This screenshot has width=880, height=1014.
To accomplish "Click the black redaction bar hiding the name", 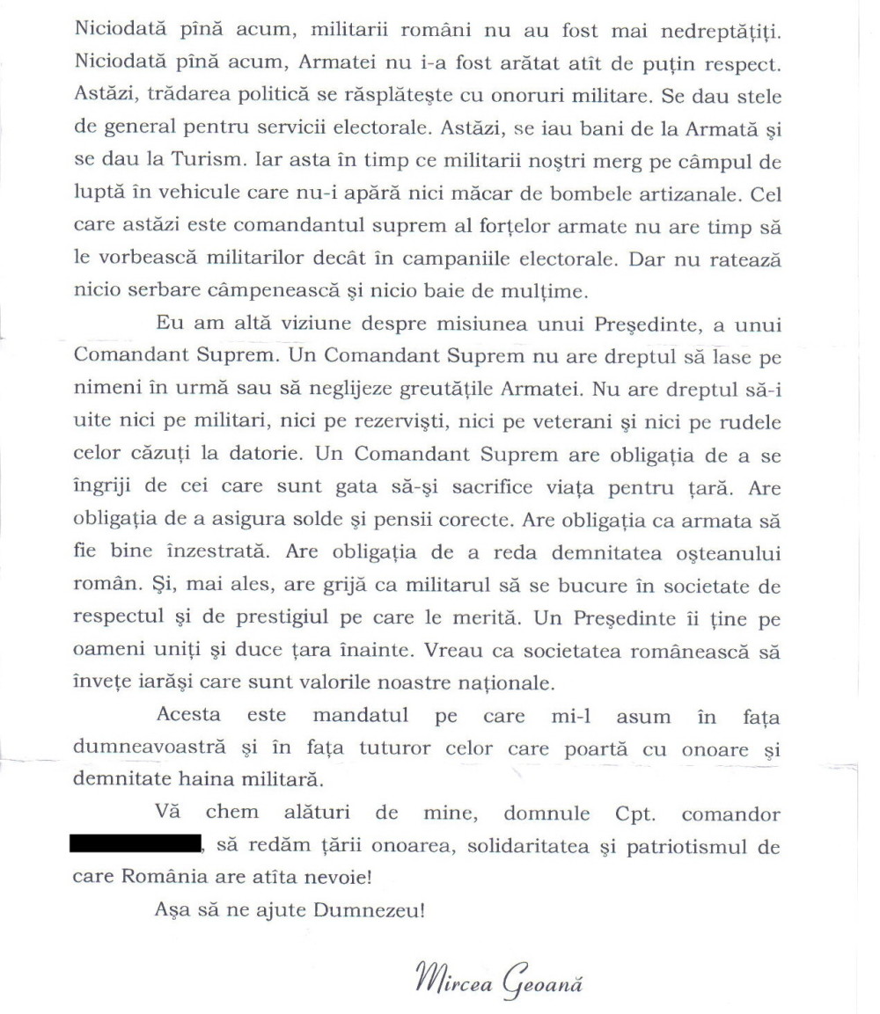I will pos(134,848).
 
